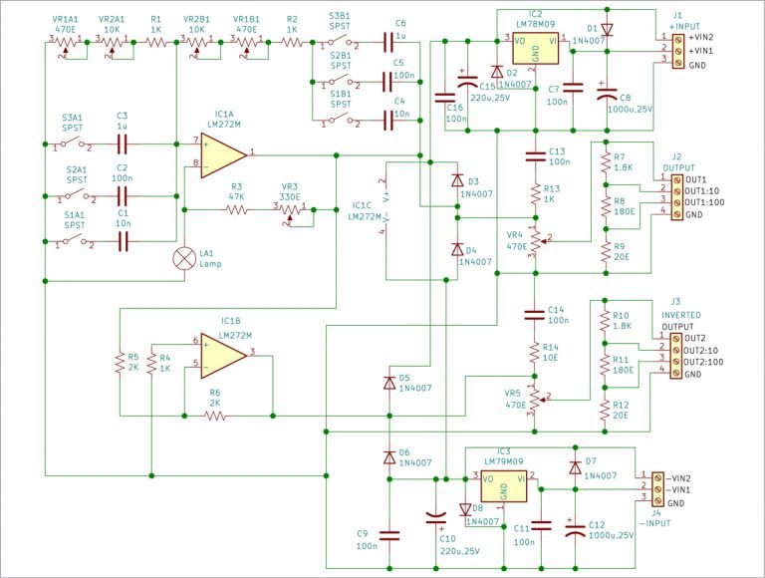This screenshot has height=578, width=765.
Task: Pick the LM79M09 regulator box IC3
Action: [504, 487]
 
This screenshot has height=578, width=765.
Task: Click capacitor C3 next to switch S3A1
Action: [123, 144]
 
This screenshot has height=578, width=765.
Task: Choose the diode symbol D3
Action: [456, 181]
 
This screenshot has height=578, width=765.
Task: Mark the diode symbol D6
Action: [388, 456]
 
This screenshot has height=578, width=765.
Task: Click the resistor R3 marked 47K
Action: [236, 210]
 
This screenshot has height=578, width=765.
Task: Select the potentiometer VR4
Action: [535, 240]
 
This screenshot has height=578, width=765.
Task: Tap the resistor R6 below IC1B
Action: [214, 416]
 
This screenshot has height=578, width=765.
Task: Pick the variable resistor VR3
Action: [290, 210]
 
